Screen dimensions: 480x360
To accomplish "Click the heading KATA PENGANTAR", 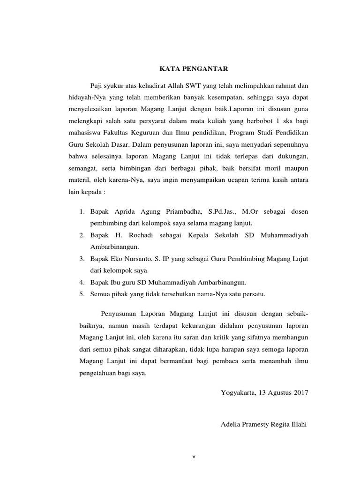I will [x=194, y=69].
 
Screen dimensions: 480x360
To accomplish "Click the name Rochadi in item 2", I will [x=142, y=234].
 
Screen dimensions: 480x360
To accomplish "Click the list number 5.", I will [x=81, y=294].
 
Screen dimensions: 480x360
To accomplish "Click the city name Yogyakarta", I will [x=237, y=393].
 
